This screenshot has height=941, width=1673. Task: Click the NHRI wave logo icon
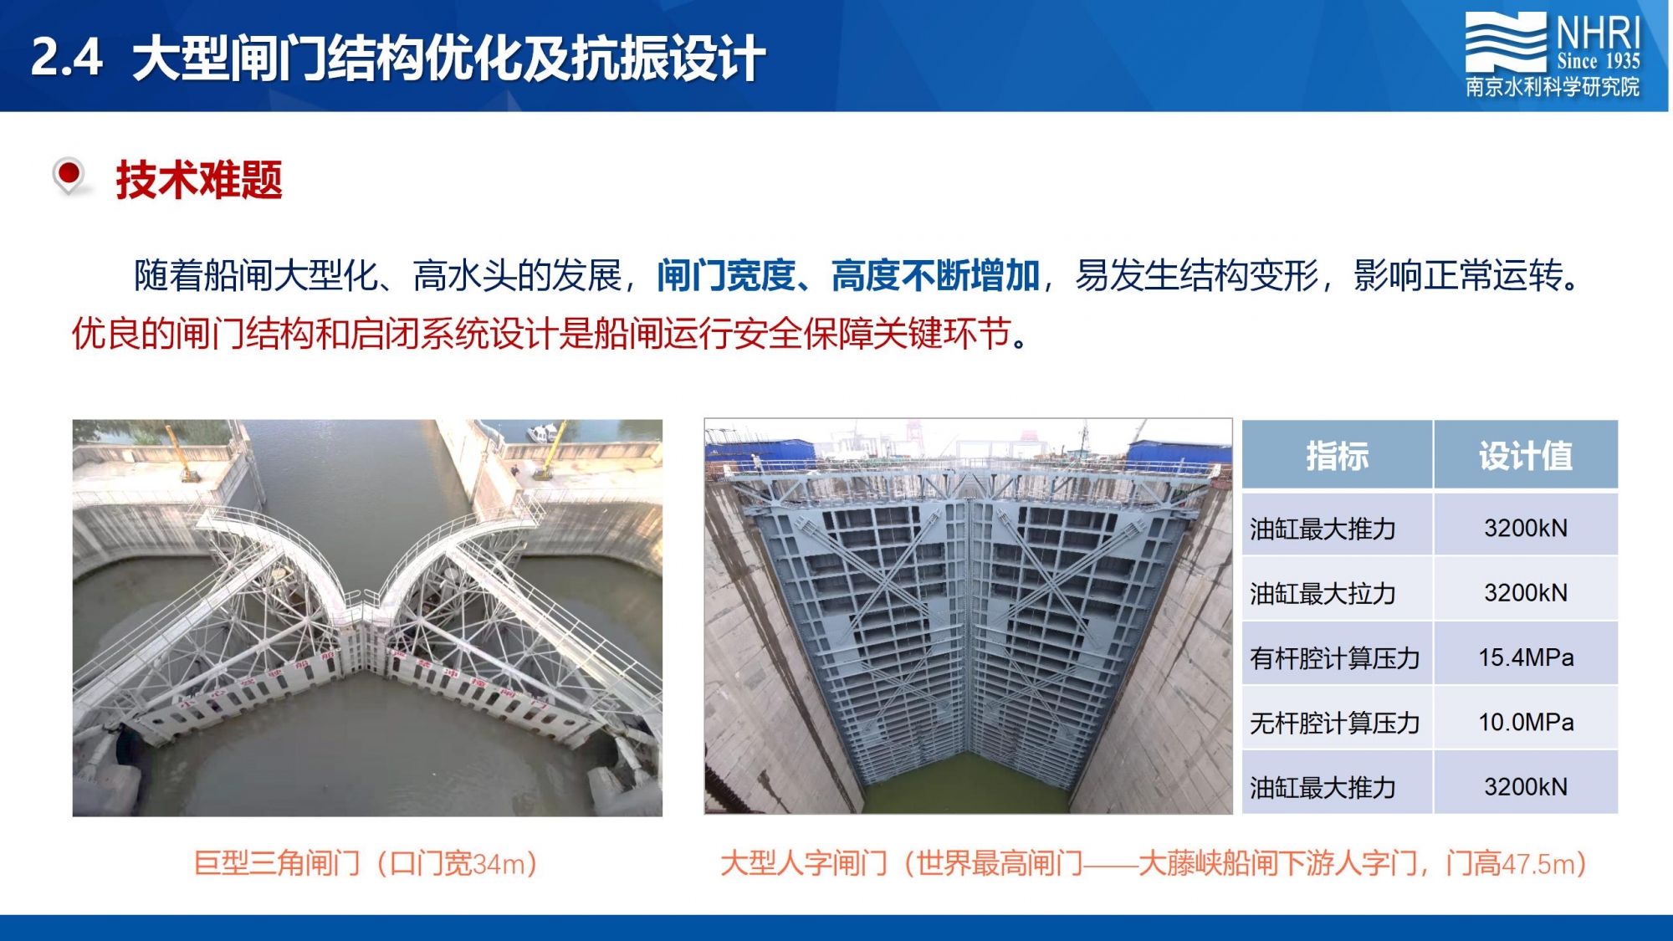pos(1506,42)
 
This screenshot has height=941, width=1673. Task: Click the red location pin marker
pos(69,176)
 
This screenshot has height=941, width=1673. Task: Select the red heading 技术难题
pos(199,180)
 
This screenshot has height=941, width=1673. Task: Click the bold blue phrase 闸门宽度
pos(726,275)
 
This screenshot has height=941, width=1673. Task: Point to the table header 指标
pos(1338,456)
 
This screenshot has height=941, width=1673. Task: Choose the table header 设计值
pos(1526,456)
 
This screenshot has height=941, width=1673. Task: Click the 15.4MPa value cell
pos(1526,657)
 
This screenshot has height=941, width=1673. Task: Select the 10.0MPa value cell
pos(1526,722)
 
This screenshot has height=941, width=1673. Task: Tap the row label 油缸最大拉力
pos(1323,593)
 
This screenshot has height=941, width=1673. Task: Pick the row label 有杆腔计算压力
pos(1335,658)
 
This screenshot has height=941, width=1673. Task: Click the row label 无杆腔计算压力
pos(1335,723)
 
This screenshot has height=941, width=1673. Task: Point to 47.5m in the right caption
pos(1538,863)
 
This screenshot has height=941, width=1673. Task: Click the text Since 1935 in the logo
pos(1599,61)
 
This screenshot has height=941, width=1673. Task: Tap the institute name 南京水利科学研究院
pos(1553,87)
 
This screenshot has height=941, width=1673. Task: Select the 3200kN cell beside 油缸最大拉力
pos(1526,592)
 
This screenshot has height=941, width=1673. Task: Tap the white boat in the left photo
pos(542,432)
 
